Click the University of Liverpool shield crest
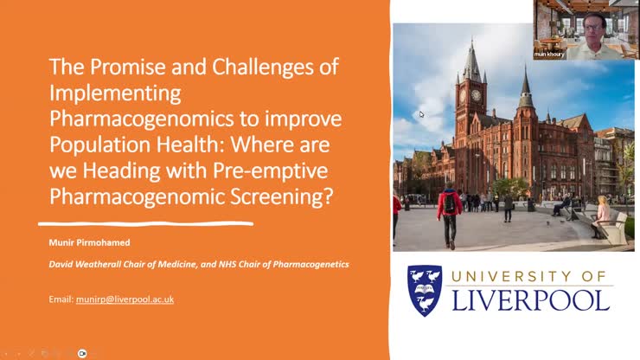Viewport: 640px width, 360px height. (426, 290)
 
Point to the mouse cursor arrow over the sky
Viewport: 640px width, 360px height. (422, 113)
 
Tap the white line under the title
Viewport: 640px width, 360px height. (150, 224)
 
